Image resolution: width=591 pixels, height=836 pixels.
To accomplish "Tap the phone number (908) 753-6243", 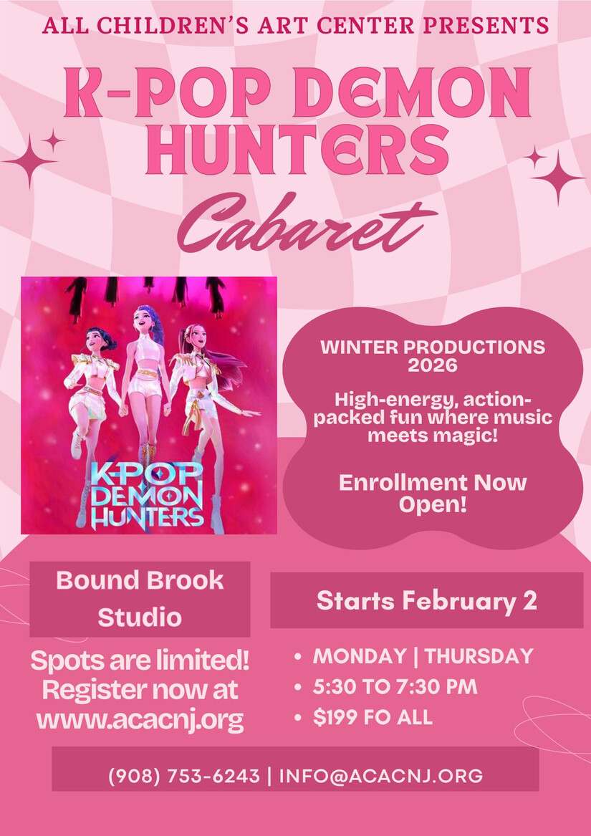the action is pos(184,776).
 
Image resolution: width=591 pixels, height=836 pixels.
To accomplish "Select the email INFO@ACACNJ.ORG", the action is pos(381,776).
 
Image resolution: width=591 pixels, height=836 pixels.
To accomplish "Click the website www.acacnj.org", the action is pos(140,721).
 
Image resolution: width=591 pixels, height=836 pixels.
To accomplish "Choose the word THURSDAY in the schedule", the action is pos(479,656).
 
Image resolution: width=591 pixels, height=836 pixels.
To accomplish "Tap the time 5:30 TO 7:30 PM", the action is pos(395,687).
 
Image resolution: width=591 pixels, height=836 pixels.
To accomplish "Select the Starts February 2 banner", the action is pos(427,600).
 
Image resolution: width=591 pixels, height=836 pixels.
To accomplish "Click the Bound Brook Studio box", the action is pos(140,599).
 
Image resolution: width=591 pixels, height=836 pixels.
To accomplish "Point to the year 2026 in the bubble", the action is pos(433,366).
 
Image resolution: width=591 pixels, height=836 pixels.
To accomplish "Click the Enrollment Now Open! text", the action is pos(433,494).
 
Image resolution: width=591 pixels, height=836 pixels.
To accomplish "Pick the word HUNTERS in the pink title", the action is pos(297,148).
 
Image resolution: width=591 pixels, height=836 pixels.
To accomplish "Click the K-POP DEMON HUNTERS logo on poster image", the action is pos(146,496).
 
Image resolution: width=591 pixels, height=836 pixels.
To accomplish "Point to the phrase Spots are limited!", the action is pos(140,662).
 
